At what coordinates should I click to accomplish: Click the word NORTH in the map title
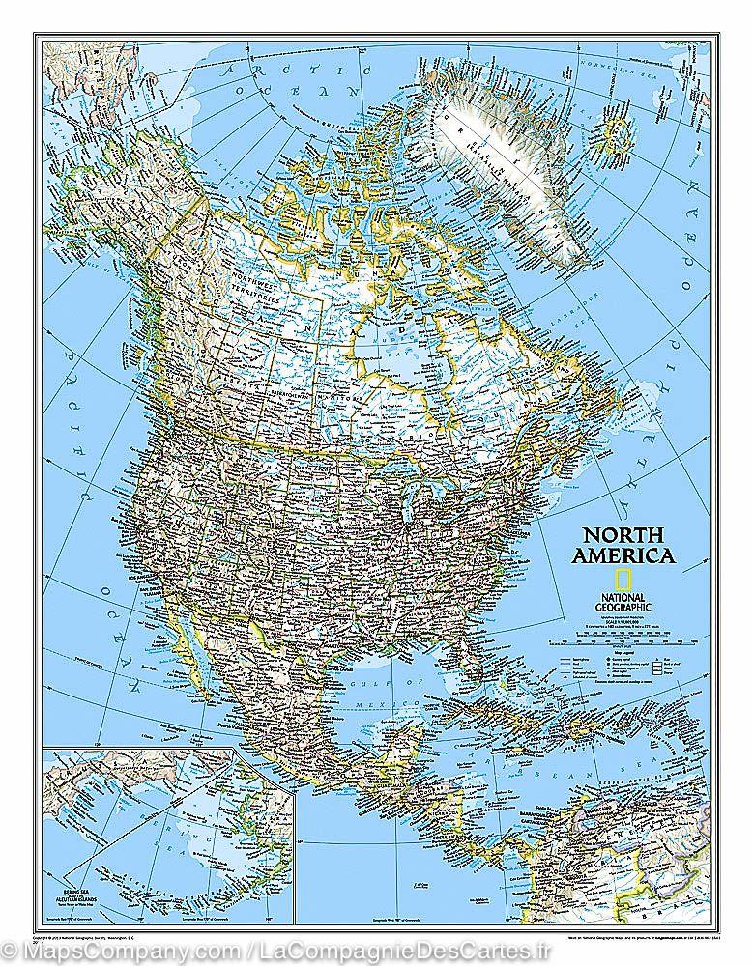[620, 534]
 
